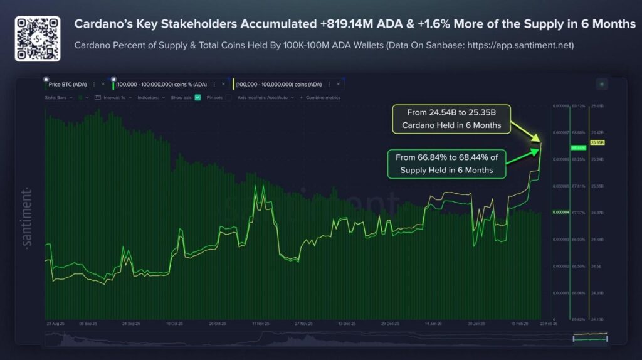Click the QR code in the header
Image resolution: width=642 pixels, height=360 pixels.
(x=38, y=38)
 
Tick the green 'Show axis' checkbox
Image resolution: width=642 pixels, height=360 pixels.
(x=197, y=97)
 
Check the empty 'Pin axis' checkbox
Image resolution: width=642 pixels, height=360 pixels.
(x=229, y=97)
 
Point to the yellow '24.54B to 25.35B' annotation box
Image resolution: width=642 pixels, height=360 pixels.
(x=451, y=119)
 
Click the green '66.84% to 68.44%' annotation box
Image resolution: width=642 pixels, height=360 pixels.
(x=446, y=163)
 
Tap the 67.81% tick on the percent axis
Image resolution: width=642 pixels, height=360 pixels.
(x=579, y=186)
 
